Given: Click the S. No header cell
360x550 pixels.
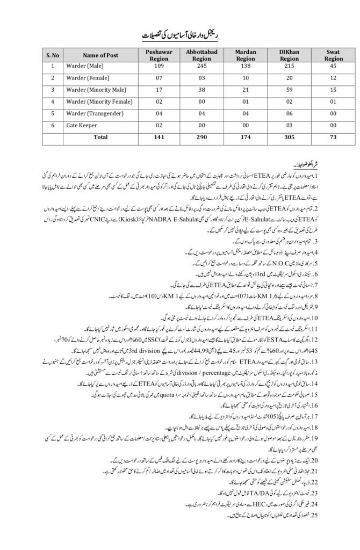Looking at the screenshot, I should [x=53, y=54].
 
